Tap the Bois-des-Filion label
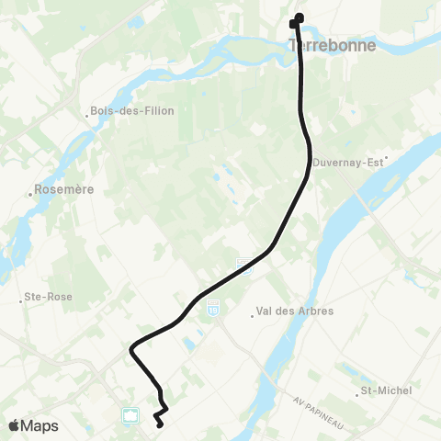pos(134,111)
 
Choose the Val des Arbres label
pos(295,312)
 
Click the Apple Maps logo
pos(33,425)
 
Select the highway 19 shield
pos(213,305)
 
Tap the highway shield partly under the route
pos(243,264)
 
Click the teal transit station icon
pos(130,416)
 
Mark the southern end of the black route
pos(160,424)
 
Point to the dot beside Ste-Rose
pos(21,299)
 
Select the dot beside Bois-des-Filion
pos(87,115)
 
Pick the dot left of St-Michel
pos(358,392)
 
